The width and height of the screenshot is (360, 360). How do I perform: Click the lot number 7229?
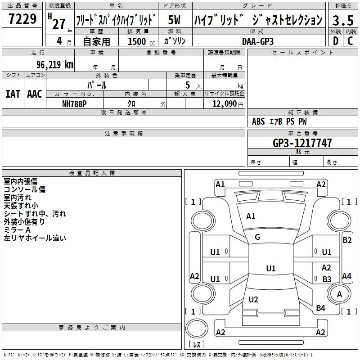click(22, 19)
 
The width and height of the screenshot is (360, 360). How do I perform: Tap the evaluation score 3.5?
click(342, 20)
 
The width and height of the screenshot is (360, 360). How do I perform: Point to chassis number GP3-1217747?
click(302, 143)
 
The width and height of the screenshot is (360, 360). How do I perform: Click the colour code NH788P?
click(74, 103)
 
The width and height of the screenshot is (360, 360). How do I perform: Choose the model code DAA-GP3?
click(258, 41)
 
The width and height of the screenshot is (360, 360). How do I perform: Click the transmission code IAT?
click(13, 94)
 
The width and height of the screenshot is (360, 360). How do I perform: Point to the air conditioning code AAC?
click(34, 94)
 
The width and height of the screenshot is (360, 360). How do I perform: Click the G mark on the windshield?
click(257, 237)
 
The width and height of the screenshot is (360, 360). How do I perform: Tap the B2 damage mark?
click(347, 240)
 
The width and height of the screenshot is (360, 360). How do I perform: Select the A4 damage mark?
click(346, 276)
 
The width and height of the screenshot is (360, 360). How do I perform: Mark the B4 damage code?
click(320, 308)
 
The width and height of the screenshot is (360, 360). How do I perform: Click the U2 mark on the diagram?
click(253, 300)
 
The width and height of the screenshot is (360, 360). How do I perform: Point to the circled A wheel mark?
click(340, 294)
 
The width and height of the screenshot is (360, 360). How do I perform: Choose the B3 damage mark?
click(327, 279)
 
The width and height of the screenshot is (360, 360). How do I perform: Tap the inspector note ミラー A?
click(18, 230)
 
